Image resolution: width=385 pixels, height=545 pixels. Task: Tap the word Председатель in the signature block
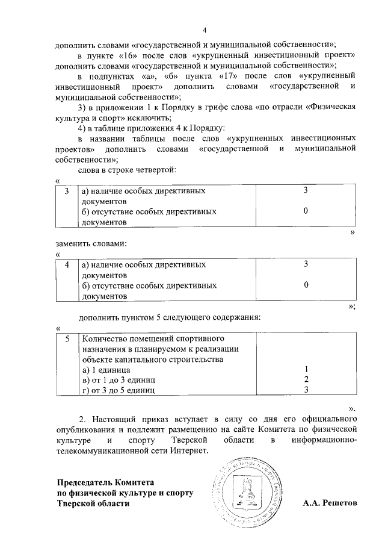click(x=84, y=482)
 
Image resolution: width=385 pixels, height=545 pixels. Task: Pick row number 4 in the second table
click(x=67, y=264)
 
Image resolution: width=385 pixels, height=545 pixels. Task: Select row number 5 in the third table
click(x=67, y=338)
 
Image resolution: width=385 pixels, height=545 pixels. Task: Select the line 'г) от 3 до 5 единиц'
click(x=118, y=390)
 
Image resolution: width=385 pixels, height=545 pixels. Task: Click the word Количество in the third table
click(x=102, y=338)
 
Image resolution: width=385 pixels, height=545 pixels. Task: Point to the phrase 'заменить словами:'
click(x=90, y=244)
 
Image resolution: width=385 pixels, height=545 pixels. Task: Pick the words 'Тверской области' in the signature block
click(x=93, y=503)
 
